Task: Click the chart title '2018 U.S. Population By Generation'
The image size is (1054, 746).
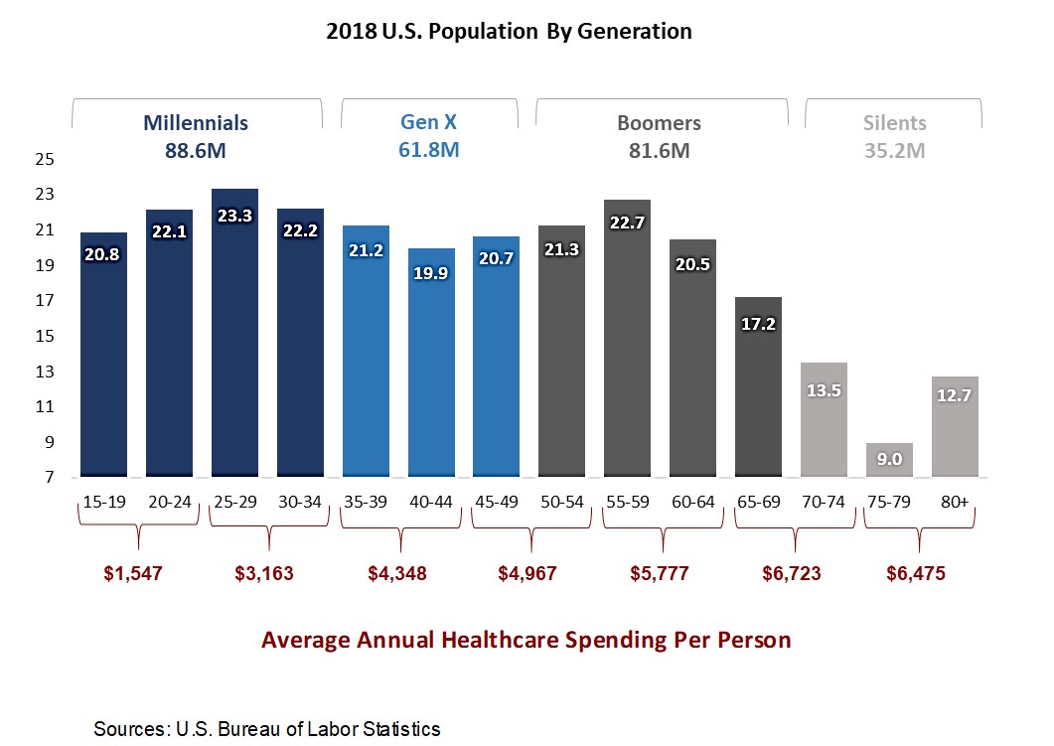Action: (x=509, y=32)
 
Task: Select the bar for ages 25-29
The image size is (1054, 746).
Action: (x=234, y=338)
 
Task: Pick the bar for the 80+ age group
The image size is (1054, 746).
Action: (x=955, y=427)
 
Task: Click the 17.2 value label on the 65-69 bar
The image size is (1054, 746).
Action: (x=758, y=324)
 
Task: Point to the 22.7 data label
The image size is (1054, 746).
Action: (x=628, y=224)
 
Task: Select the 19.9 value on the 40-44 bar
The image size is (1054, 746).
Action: (x=431, y=273)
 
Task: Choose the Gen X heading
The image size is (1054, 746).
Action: (x=428, y=123)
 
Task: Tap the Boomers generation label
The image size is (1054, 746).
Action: (x=659, y=123)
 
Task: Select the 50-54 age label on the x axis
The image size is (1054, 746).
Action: (x=561, y=502)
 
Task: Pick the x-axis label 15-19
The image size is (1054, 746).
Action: (x=104, y=502)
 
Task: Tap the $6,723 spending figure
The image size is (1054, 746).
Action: (x=792, y=573)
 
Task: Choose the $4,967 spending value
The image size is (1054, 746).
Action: (x=527, y=573)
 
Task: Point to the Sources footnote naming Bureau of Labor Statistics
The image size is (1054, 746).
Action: (x=266, y=729)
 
